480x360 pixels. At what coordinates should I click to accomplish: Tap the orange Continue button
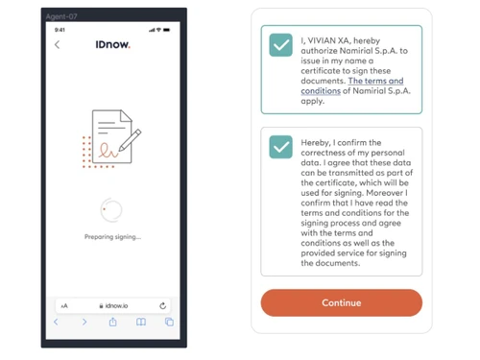pos(342,302)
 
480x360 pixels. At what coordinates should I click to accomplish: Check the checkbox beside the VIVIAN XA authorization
pos(280,45)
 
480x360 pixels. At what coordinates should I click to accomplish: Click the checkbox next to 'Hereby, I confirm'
pos(280,147)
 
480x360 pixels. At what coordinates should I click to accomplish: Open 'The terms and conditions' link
pos(352,85)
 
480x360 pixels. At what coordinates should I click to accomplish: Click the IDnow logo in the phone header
pos(112,44)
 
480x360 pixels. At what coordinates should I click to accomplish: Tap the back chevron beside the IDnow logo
pos(57,44)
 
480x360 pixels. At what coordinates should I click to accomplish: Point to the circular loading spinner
pos(111,210)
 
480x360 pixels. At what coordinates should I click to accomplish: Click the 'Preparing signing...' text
pos(112,237)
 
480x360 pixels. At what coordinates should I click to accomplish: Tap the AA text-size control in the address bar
pos(64,306)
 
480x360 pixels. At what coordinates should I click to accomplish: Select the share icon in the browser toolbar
pos(112,322)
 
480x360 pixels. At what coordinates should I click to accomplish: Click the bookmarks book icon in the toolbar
pos(141,322)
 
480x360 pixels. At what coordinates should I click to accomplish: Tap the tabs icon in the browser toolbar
pos(169,322)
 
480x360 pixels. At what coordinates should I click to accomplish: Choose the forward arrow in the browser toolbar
pos(84,322)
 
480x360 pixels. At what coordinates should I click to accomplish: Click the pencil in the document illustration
pos(130,140)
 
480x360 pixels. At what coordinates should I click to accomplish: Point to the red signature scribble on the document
pos(108,151)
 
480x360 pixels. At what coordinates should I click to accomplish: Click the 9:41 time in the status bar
pos(60,30)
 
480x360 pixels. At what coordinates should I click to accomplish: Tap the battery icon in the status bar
pos(167,30)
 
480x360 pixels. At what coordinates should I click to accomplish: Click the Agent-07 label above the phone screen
pos(61,16)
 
